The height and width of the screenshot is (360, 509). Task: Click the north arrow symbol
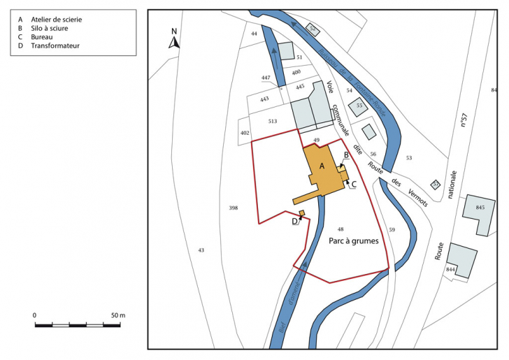[174, 38]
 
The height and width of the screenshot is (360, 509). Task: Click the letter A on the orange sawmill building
[322, 166]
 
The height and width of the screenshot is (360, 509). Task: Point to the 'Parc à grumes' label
[353, 241]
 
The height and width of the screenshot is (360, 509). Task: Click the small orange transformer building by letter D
[302, 213]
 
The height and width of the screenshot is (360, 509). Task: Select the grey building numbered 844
[462, 260]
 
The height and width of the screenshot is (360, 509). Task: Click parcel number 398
[234, 208]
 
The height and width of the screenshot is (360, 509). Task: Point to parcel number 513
[273, 121]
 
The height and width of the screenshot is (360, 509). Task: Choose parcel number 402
[245, 132]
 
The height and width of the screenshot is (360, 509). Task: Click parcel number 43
[201, 250]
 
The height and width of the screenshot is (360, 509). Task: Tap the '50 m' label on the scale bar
[117, 316]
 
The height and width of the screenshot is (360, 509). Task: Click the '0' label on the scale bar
[35, 316]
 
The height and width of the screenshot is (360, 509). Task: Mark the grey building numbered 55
[359, 106]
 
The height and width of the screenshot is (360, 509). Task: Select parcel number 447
[266, 77]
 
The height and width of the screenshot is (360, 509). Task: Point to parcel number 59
[392, 230]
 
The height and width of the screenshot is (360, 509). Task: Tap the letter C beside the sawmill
[354, 184]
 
